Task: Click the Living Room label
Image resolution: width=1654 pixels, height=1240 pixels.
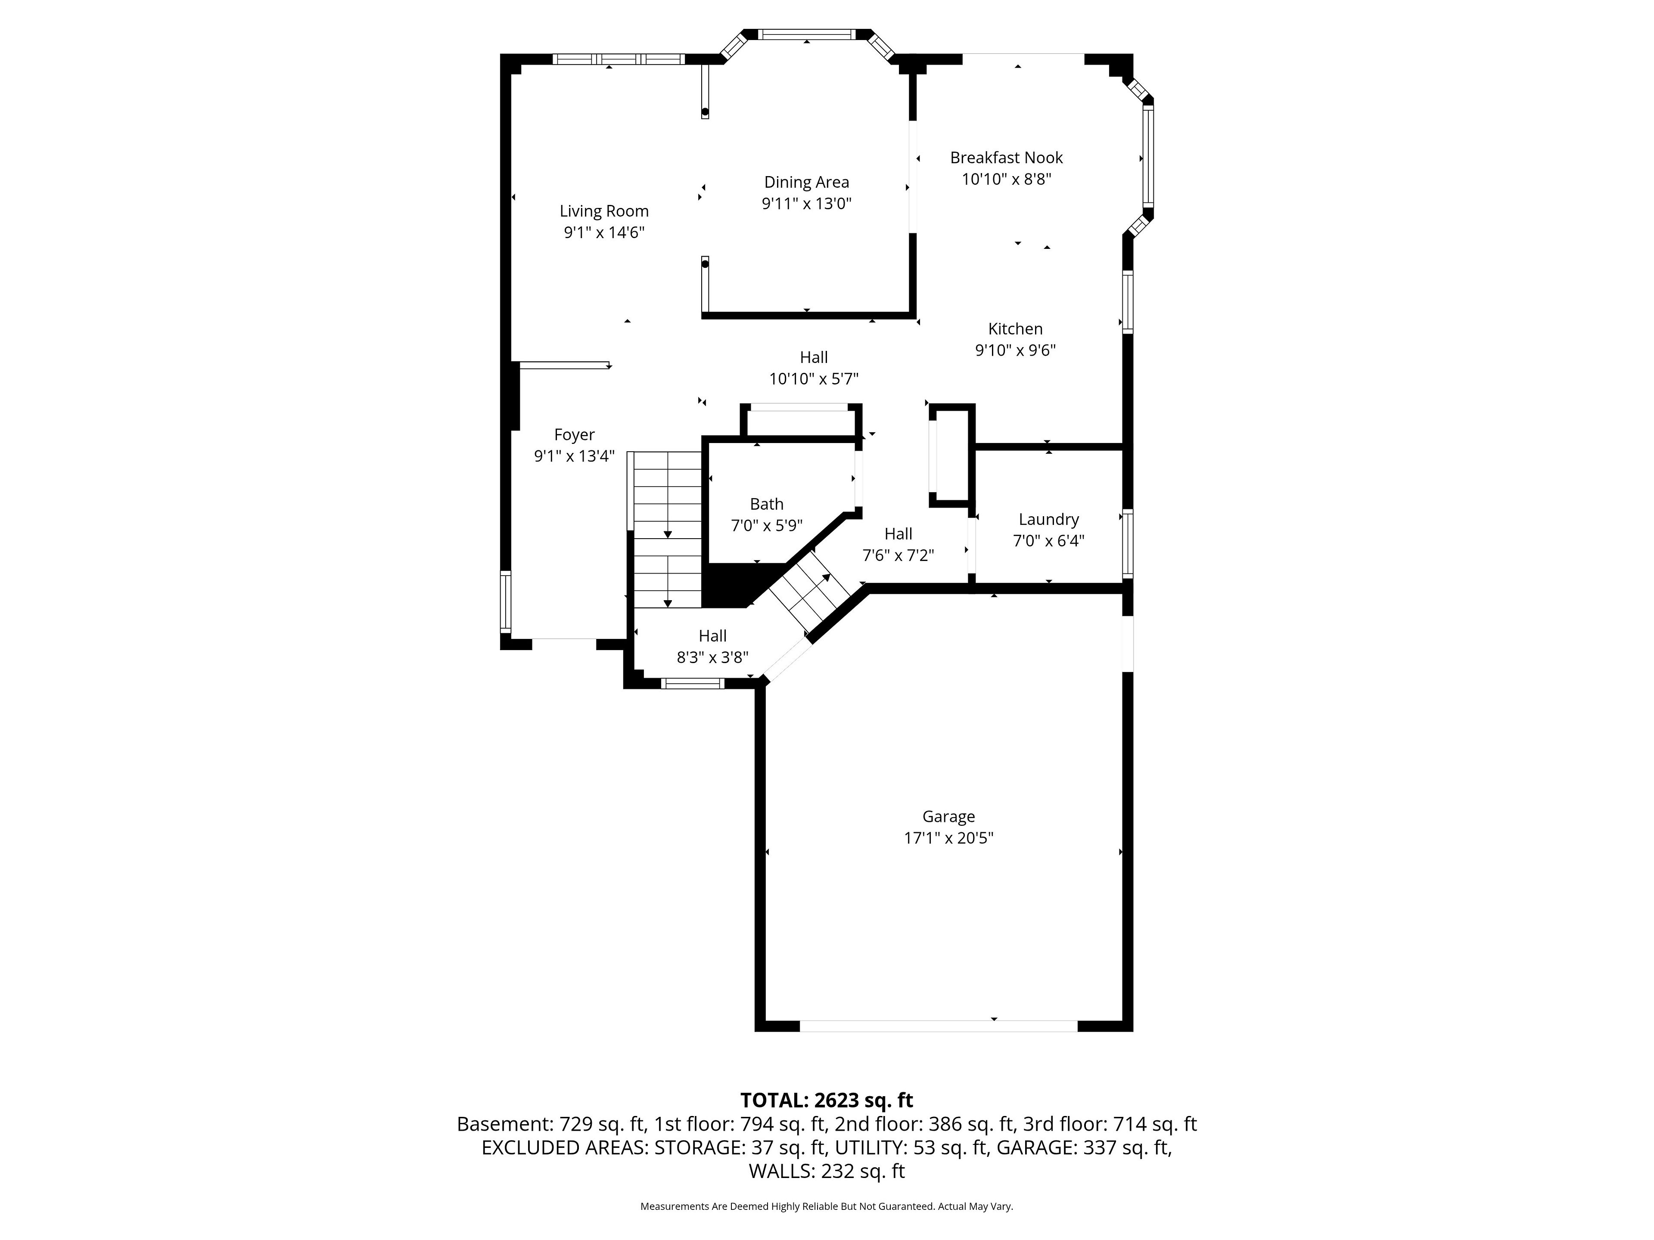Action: (x=604, y=211)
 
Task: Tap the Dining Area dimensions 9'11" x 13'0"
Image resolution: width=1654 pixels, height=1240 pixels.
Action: (x=807, y=203)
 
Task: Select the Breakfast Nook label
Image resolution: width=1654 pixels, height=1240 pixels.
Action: (x=1007, y=158)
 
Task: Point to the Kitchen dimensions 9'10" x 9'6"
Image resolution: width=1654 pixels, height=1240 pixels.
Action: (x=1015, y=350)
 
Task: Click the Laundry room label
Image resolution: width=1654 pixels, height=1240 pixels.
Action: (x=1048, y=520)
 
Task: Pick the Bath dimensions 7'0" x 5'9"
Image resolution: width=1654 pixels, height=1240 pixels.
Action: (x=766, y=525)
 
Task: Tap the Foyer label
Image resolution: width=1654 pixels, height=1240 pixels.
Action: (x=574, y=435)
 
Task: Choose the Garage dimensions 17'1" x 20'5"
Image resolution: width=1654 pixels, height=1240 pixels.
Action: (x=949, y=838)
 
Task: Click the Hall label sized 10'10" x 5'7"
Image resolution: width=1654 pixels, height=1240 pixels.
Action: (x=814, y=357)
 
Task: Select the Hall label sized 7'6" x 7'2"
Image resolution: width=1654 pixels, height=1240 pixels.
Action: (x=898, y=533)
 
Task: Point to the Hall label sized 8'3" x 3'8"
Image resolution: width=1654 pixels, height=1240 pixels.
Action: (x=712, y=636)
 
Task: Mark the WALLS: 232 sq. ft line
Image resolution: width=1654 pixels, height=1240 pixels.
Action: (x=827, y=1171)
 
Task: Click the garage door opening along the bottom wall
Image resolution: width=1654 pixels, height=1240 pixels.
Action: (x=939, y=1026)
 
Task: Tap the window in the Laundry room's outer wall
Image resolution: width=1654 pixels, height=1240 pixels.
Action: (x=1128, y=544)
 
